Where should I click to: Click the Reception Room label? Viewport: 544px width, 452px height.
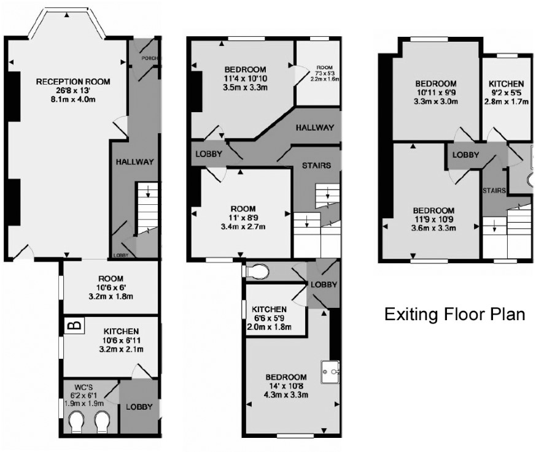coord(73,82)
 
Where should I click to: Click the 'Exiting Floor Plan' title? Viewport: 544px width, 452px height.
coord(454,315)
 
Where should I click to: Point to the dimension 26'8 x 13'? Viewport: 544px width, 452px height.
coord(74,91)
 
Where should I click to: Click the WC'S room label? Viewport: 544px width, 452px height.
coord(84,387)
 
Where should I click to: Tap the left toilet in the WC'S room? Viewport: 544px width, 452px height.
coord(77,422)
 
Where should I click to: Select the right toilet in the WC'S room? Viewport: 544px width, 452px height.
coord(103,422)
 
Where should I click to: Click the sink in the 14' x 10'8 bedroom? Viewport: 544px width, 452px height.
coord(330,372)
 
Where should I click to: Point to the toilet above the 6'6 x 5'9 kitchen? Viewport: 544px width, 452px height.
coord(257,271)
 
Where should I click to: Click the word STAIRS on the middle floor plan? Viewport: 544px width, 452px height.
coord(316,166)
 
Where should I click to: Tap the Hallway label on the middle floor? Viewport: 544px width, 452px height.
coord(315,128)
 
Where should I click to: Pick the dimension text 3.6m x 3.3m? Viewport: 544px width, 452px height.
coord(434,228)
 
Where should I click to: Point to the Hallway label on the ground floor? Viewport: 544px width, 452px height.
coord(134,162)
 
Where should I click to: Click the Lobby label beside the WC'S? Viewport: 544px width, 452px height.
coord(139,407)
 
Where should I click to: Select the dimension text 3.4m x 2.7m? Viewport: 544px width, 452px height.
coord(243,227)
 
